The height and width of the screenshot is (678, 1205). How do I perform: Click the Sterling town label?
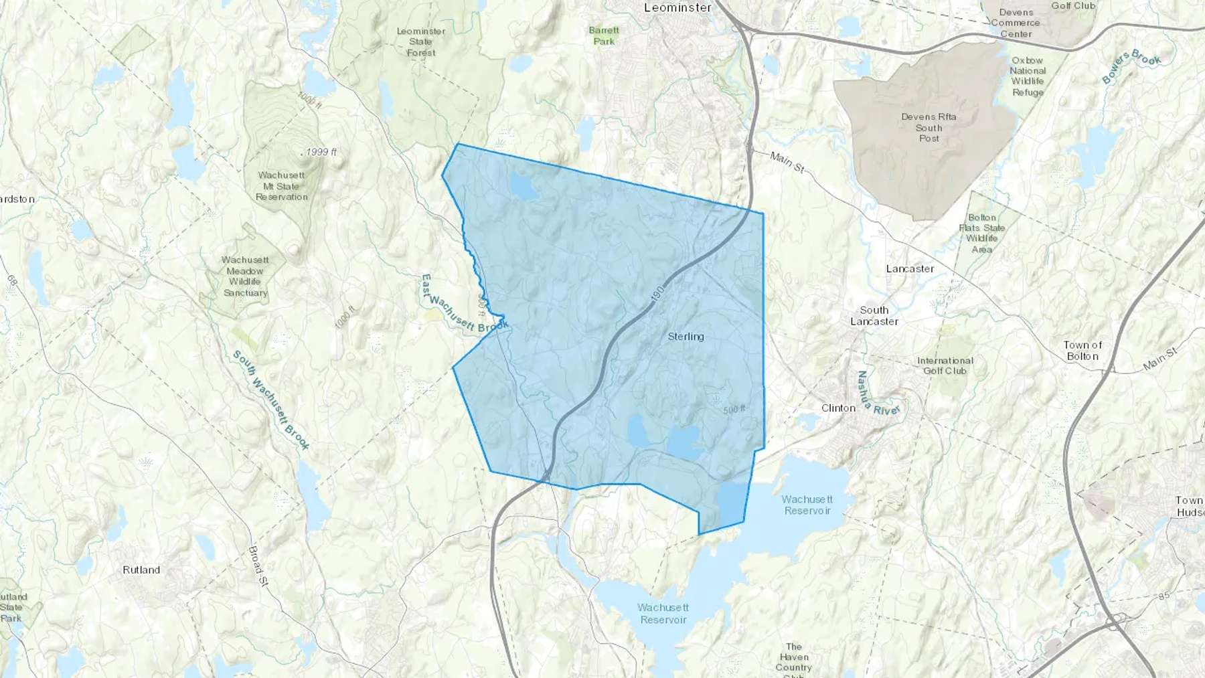pos(686,337)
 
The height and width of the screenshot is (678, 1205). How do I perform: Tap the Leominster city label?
pos(677,8)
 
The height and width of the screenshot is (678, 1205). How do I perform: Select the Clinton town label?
pos(838,408)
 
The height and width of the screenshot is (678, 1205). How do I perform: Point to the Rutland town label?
pos(141,570)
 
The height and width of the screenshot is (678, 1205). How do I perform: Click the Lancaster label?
pos(910,269)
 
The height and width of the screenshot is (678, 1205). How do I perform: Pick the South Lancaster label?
pos(874,316)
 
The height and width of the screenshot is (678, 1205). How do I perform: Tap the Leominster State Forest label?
pos(421,41)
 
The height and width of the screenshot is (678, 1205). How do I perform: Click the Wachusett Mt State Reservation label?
pos(282,186)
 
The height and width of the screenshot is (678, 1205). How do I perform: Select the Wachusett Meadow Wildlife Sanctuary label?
pos(245,276)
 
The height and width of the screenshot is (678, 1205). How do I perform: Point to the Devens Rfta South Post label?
pos(929,127)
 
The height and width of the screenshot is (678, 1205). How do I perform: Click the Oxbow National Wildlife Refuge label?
pos(1028,76)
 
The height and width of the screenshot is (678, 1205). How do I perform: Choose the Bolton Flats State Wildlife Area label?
pos(982,234)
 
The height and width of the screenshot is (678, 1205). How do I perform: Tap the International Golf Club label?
pos(945,365)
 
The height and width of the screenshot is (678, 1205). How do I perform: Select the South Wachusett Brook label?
pos(271,400)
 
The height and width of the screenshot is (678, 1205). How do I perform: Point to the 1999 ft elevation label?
pos(319,152)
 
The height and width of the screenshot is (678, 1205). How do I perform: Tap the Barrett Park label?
pos(604,35)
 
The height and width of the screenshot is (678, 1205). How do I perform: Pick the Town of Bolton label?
pos(1082,351)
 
